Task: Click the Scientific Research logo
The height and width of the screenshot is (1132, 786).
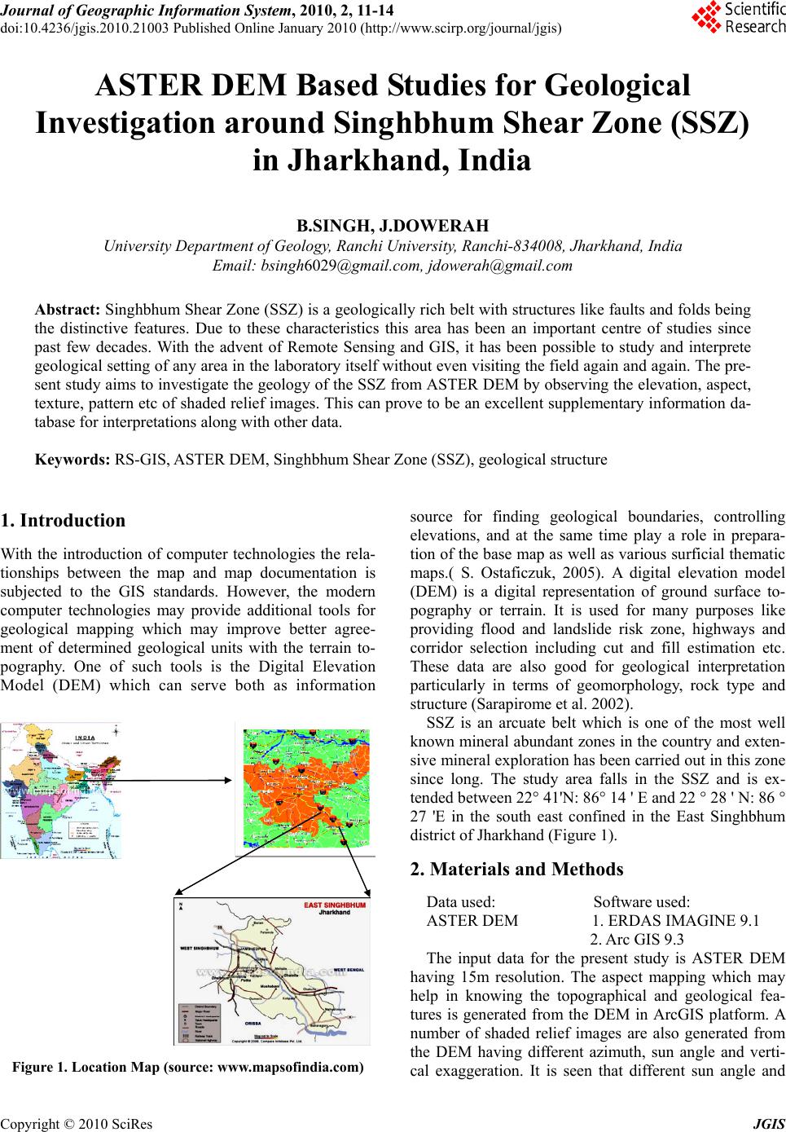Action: [737, 18]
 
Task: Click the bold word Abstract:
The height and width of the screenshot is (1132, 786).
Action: [68, 310]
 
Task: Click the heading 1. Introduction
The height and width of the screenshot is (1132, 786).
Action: [64, 521]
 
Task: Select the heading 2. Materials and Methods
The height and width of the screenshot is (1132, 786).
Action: [517, 869]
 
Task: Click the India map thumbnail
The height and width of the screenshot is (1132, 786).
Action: [59, 790]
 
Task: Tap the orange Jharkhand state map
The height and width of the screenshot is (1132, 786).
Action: [307, 788]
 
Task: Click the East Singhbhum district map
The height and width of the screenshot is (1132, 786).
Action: [272, 971]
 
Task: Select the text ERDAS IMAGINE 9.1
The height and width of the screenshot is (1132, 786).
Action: [675, 921]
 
